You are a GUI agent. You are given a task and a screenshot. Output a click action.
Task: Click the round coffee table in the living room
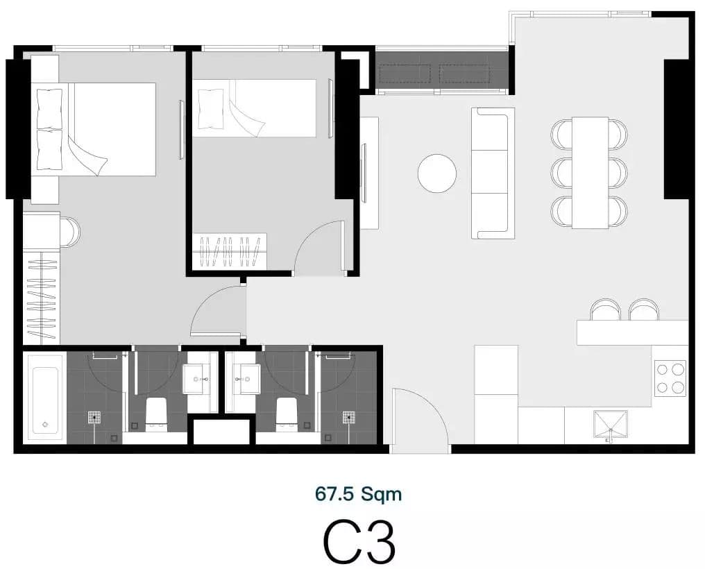click(437, 173)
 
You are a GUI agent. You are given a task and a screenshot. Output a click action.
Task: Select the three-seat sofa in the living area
click(493, 173)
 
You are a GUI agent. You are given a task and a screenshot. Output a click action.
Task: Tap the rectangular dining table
click(591, 173)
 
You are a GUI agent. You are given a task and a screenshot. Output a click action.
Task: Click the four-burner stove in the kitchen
click(670, 378)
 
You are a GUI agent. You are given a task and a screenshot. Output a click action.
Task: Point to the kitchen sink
click(610, 425)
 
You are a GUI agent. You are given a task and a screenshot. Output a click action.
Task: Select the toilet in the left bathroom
click(156, 412)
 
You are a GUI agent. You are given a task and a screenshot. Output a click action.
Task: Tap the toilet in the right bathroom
click(287, 412)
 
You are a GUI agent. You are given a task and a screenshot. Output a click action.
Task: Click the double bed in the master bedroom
click(94, 130)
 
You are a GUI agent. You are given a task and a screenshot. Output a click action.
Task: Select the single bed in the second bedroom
click(255, 108)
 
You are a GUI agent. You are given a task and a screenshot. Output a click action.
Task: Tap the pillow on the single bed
click(210, 108)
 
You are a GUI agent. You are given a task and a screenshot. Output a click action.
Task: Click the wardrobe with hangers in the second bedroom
click(230, 252)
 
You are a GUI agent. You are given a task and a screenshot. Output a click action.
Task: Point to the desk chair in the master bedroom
click(70, 232)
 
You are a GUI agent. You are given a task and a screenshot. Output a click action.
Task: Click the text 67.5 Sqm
click(358, 493)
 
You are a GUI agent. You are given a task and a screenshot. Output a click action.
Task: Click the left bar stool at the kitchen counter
click(605, 309)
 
